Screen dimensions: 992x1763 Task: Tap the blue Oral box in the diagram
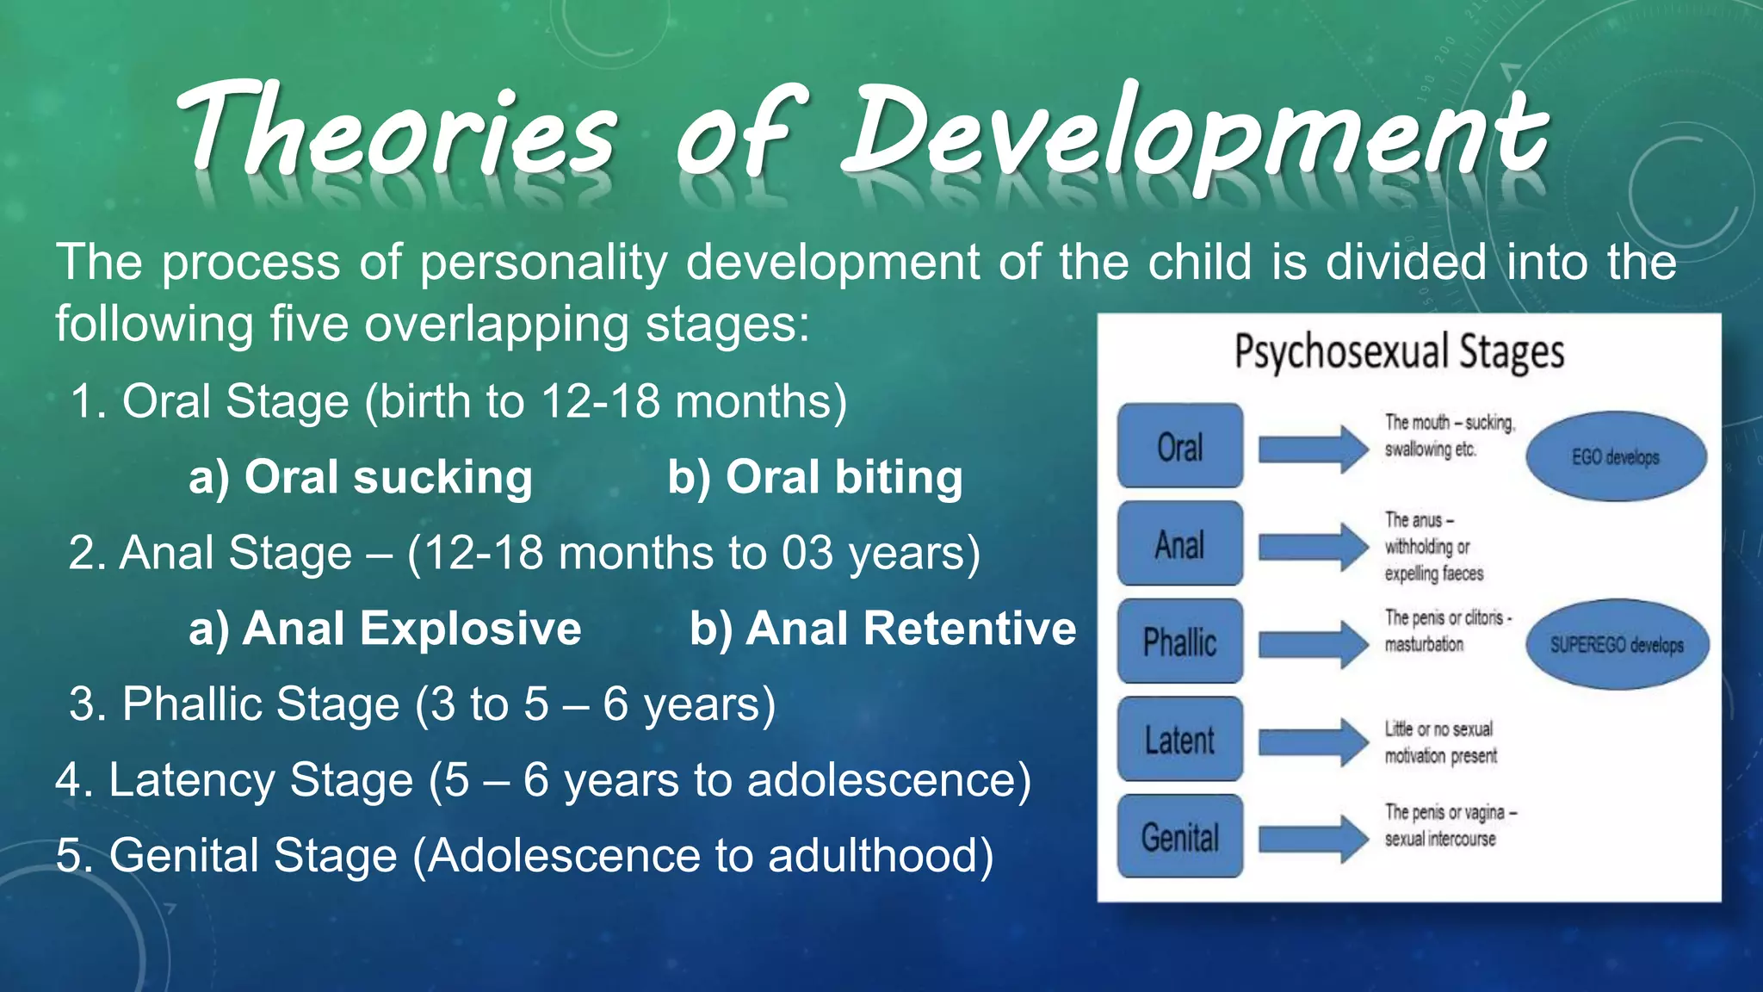point(1179,446)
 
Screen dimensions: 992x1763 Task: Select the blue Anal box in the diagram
point(1179,544)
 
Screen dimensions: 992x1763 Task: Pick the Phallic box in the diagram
point(1179,642)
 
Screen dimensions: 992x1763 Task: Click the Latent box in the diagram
point(1179,740)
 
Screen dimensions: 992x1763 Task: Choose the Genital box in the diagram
point(1179,837)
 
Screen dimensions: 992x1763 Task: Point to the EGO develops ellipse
point(1616,456)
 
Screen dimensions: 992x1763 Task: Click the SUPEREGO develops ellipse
point(1617,644)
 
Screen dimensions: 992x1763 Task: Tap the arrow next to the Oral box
point(1312,449)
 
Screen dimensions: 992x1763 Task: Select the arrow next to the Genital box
point(1312,839)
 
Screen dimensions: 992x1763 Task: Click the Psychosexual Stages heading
point(1399,351)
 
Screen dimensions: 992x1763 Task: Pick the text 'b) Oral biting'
point(814,477)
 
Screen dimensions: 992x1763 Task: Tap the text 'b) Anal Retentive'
point(882,628)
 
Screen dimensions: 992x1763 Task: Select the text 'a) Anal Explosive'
point(385,628)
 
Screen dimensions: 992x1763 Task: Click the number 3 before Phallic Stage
point(83,704)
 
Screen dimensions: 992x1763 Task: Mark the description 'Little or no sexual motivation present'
point(1440,742)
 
